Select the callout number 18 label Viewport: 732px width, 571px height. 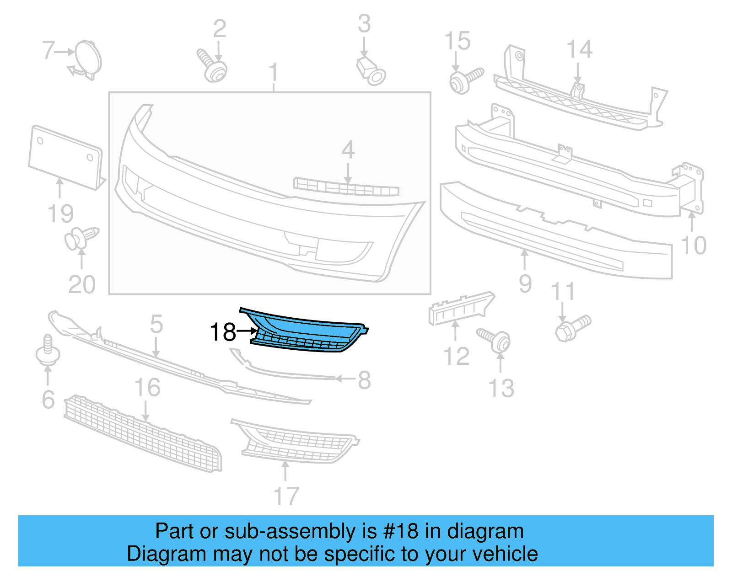click(x=223, y=332)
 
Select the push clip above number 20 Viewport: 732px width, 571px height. click(x=81, y=238)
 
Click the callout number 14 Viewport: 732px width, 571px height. click(x=579, y=49)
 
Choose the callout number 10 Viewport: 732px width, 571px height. click(x=694, y=245)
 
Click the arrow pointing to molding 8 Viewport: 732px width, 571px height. click(x=345, y=379)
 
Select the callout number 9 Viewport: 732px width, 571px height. click(x=525, y=284)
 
